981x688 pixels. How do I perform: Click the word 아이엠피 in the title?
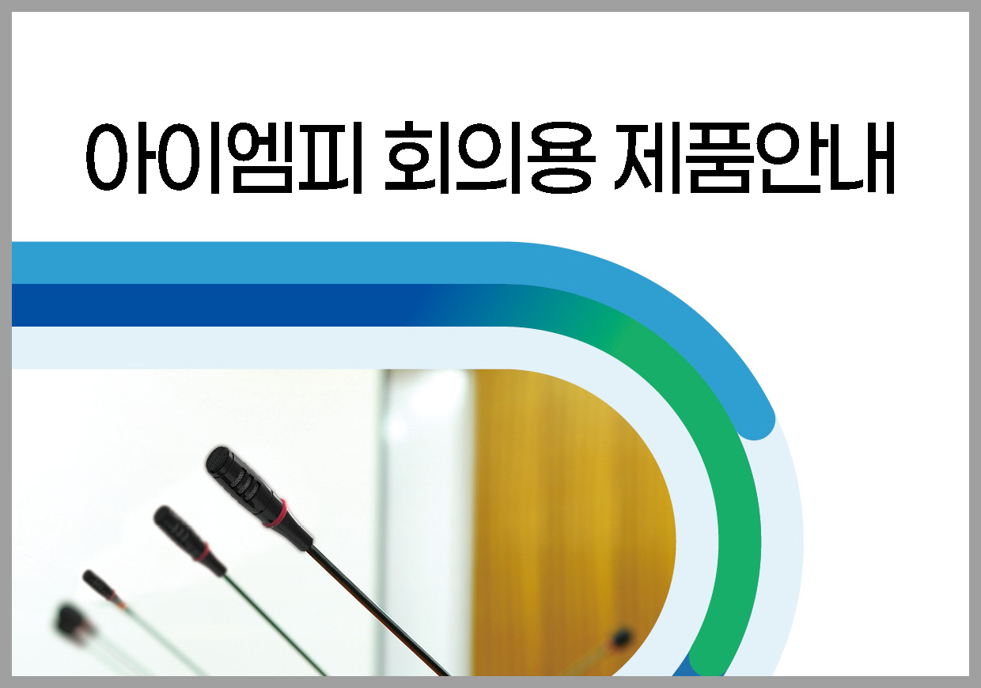[x=224, y=158]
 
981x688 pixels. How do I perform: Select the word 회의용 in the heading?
[x=490, y=157]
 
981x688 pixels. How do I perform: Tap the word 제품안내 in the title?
[x=754, y=158]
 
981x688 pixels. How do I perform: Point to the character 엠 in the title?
[x=262, y=158]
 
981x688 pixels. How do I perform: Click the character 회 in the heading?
[x=418, y=157]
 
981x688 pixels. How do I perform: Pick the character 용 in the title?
[x=562, y=158]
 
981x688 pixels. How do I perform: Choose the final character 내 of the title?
[x=862, y=158]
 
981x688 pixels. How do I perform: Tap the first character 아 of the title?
[x=117, y=158]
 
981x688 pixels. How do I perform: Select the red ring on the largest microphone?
[x=275, y=513]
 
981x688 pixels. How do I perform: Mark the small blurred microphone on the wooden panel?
[x=622, y=636]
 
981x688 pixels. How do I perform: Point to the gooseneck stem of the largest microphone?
[x=377, y=608]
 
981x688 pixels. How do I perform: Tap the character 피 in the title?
[x=331, y=158]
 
